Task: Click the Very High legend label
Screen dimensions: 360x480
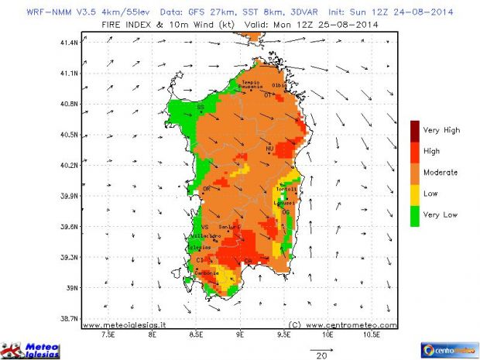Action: [x=442, y=130]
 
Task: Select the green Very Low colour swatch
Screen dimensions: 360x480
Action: [x=416, y=214]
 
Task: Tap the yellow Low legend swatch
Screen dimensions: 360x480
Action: [x=416, y=194]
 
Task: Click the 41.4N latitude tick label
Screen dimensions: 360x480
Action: [x=69, y=43]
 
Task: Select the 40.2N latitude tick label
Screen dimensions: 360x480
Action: [x=69, y=165]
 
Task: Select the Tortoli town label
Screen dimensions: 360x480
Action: [x=286, y=190]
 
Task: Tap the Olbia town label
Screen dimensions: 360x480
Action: [x=279, y=84]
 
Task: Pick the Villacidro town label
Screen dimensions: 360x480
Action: [x=206, y=236]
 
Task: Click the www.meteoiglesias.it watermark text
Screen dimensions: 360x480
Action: [x=124, y=325]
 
